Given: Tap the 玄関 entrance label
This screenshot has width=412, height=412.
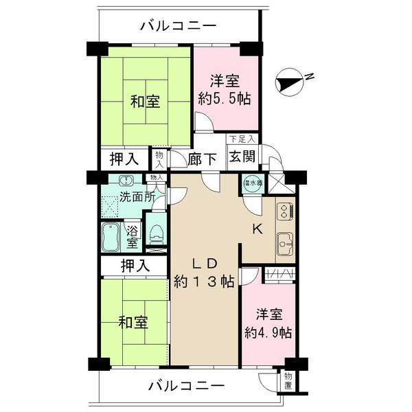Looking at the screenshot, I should (x=242, y=157).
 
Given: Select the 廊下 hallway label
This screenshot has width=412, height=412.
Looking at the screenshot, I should (x=203, y=159).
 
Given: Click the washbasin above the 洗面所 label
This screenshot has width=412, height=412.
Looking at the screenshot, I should (x=126, y=181).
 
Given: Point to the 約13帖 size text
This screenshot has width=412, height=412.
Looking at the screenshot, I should (x=205, y=281).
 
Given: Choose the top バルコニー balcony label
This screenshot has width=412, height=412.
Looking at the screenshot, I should (x=179, y=26).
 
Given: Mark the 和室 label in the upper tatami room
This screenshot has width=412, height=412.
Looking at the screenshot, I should (x=146, y=102).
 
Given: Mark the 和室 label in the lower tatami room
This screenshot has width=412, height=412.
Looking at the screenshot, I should (x=133, y=321).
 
